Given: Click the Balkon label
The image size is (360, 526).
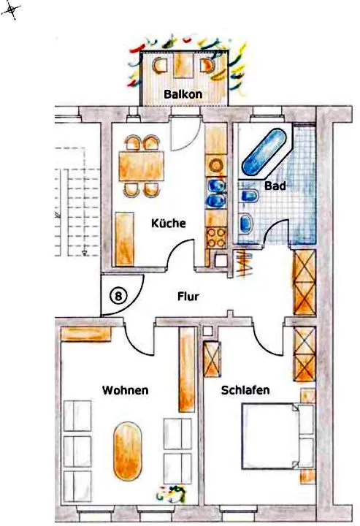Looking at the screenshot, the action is (183, 94).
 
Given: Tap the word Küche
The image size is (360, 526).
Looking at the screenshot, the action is (168, 223).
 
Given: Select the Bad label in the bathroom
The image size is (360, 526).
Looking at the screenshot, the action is (275, 186).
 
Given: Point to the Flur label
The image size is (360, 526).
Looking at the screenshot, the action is (188, 296).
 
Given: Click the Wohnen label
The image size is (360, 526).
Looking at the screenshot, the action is (125, 390).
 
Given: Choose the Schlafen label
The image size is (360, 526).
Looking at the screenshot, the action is (245, 390).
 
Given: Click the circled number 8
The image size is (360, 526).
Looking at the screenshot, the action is (118, 296).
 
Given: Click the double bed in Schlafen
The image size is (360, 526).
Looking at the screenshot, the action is (277, 436).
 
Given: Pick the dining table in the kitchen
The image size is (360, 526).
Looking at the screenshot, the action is (142, 167).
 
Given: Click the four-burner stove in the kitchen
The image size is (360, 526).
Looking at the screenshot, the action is (216, 238).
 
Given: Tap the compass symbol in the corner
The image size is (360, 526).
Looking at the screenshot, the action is (11, 10).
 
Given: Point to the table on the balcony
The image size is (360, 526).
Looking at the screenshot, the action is (183, 65).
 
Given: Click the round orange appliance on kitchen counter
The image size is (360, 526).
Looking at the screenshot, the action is (216, 165).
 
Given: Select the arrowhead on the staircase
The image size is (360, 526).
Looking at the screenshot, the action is (85, 254).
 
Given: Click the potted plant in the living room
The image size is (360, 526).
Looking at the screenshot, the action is (172, 494).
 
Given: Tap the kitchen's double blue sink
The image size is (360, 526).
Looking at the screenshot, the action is (216, 193).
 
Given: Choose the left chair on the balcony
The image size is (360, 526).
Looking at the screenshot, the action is (160, 66).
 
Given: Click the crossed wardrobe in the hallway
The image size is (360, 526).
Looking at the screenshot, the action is (305, 283).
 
